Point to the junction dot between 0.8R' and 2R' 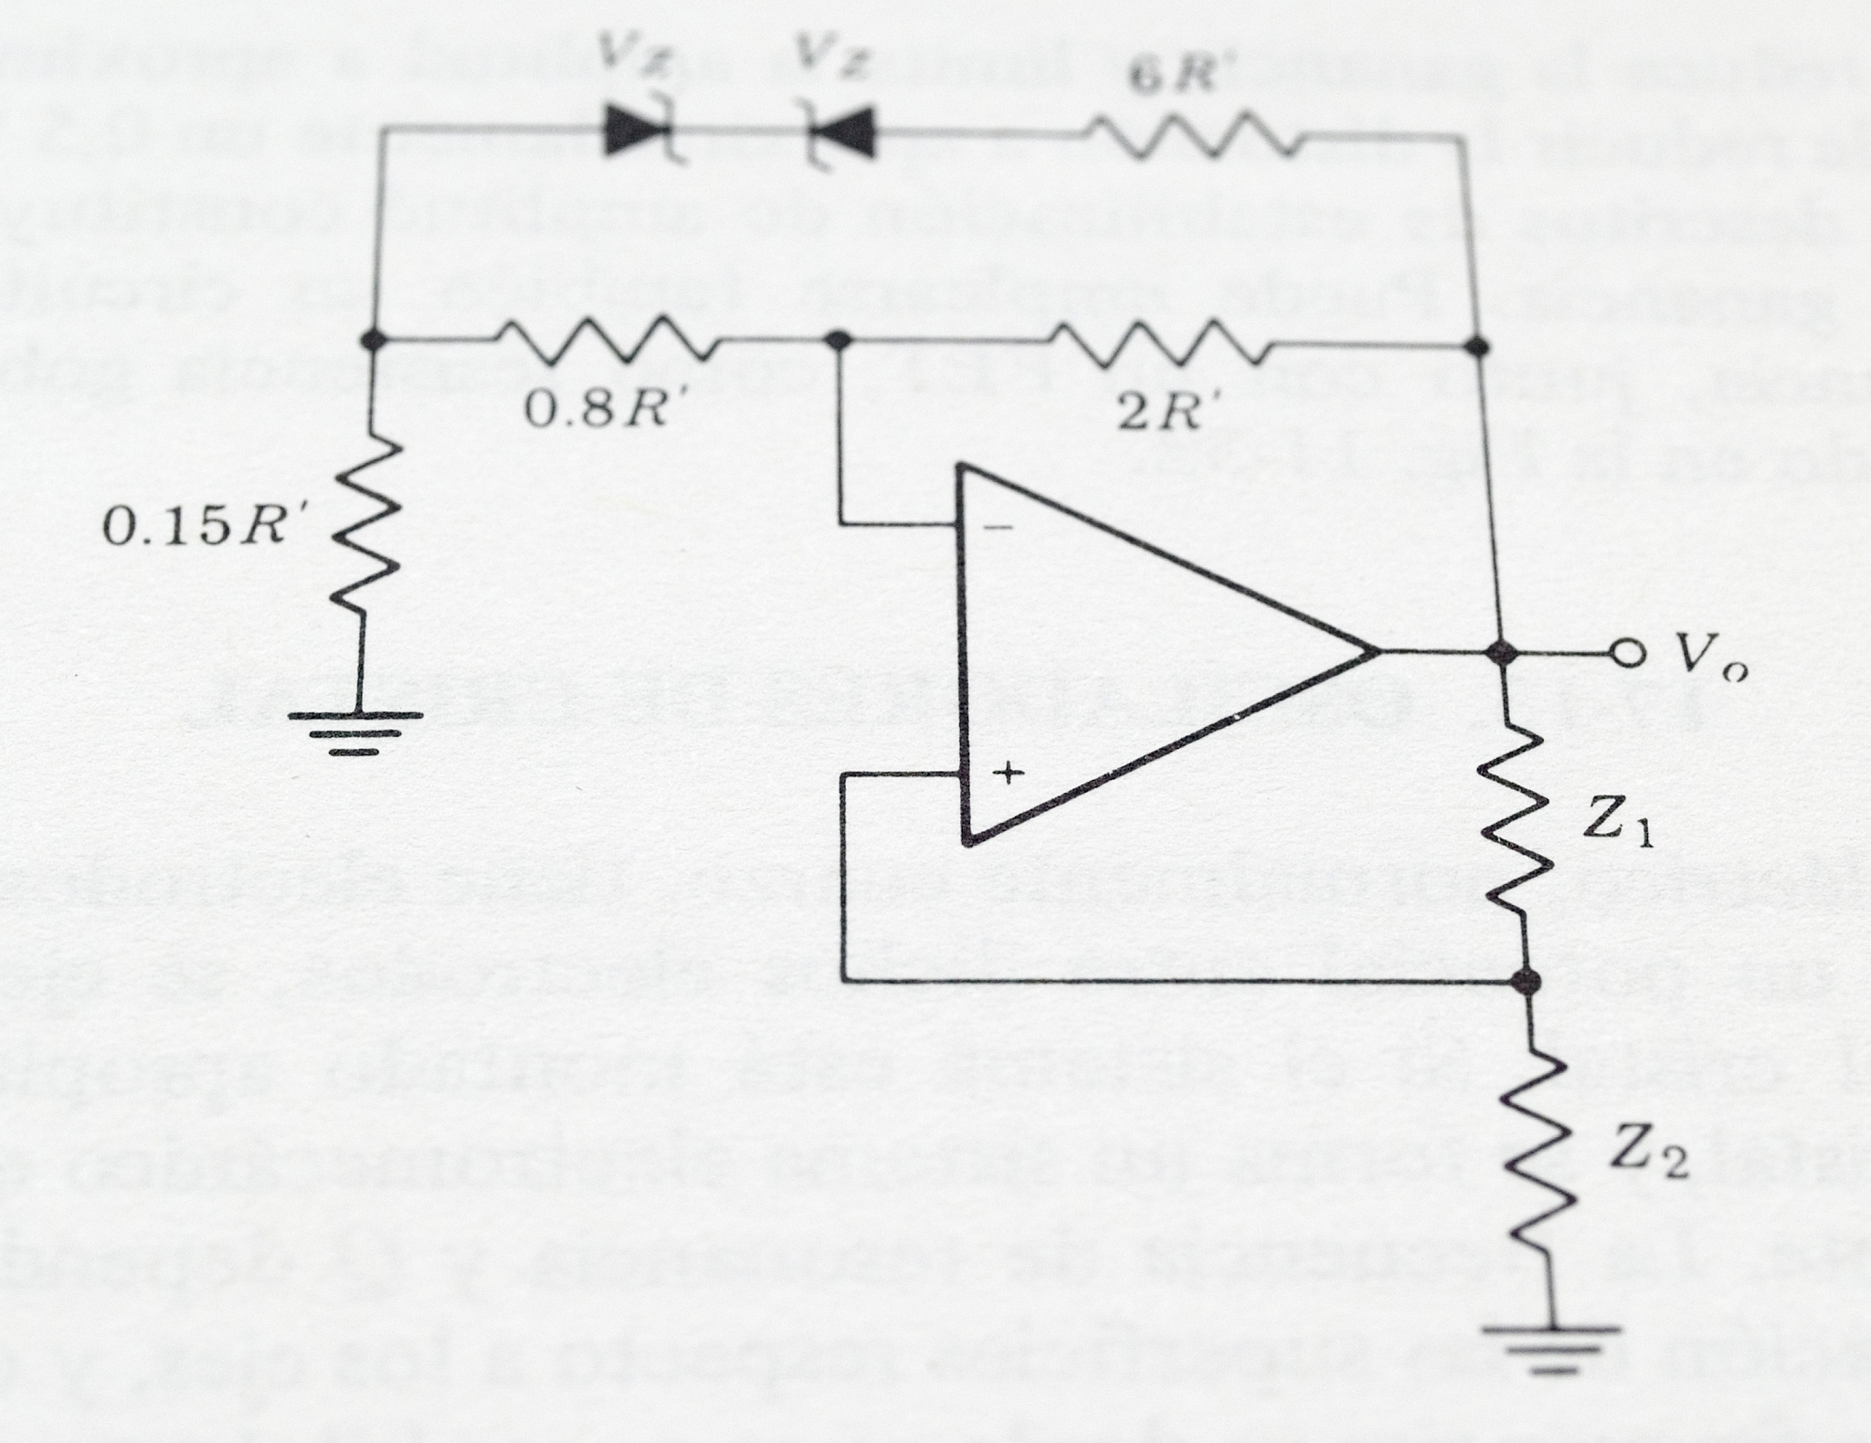pyautogui.click(x=839, y=341)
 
